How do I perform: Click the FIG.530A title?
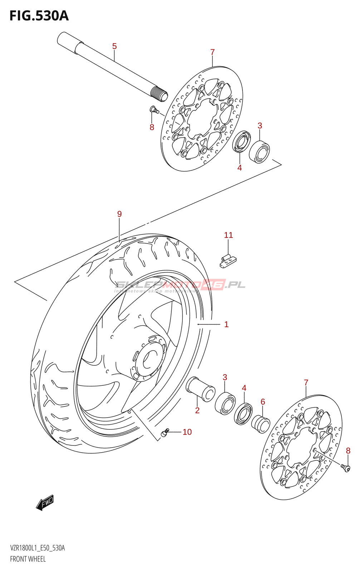tap(39, 16)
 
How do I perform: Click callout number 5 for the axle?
tap(114, 46)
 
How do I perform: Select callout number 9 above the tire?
tap(119, 214)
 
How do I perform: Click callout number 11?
tap(228, 235)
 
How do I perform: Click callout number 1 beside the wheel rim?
tap(226, 324)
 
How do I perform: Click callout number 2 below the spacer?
tap(197, 410)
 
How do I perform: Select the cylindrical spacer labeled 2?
tap(200, 388)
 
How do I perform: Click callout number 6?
tap(263, 402)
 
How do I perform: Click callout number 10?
tap(187, 432)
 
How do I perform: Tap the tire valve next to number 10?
tap(165, 433)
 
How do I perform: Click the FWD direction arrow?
tap(45, 503)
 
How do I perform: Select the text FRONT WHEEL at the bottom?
tap(28, 559)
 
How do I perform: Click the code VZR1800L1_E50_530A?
tap(38, 548)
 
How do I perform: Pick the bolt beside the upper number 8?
tap(154, 109)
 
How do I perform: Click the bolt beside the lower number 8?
tap(346, 467)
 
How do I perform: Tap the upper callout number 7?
tap(212, 52)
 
